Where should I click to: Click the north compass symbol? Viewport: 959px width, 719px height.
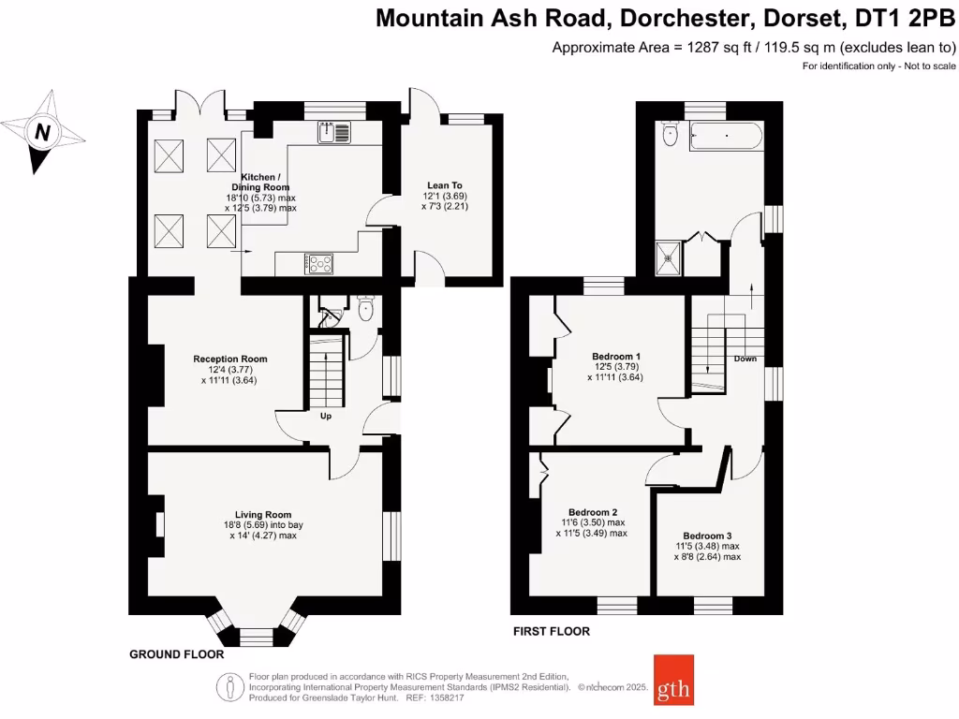pyautogui.click(x=42, y=132)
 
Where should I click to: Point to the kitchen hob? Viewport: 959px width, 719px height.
pyautogui.click(x=317, y=265)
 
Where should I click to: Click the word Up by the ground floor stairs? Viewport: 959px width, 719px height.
pyautogui.click(x=326, y=416)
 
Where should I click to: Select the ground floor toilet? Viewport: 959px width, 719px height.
pyautogui.click(x=367, y=309)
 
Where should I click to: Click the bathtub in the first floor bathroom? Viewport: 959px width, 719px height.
pyautogui.click(x=727, y=139)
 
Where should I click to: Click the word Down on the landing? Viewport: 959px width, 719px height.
pyautogui.click(x=745, y=359)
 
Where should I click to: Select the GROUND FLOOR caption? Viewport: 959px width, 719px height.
pyautogui.click(x=176, y=654)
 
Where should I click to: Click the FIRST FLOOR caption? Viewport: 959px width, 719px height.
pyautogui.click(x=552, y=631)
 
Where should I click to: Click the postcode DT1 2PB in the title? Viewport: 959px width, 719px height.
pyautogui.click(x=900, y=18)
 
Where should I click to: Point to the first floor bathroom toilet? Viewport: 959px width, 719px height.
pyautogui.click(x=669, y=136)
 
